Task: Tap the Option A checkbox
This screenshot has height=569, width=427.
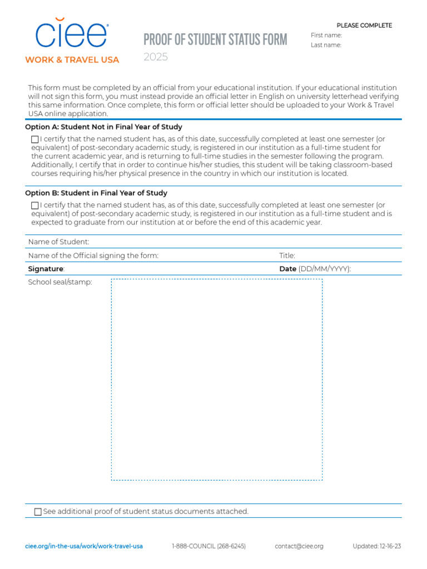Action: [x=35, y=139]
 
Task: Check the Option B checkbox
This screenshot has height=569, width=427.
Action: [x=35, y=206]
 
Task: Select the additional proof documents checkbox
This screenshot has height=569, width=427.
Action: [x=38, y=512]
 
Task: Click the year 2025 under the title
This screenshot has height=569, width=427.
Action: [x=156, y=57]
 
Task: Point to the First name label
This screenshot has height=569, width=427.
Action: [x=326, y=36]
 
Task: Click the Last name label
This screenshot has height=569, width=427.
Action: [x=326, y=46]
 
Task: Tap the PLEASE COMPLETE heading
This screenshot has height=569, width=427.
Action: [x=364, y=26]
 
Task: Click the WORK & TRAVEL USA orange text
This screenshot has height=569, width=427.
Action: [x=72, y=60]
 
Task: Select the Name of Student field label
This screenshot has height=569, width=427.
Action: [x=58, y=242]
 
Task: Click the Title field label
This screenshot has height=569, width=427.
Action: [x=287, y=256]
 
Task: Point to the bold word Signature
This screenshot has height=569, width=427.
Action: [x=46, y=269]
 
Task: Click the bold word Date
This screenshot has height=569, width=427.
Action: [x=287, y=269]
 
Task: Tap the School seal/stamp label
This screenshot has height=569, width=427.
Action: [x=60, y=282]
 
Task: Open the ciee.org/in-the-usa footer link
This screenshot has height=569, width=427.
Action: [x=84, y=546]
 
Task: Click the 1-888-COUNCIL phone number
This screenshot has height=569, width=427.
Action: [x=208, y=546]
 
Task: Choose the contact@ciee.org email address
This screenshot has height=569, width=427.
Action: [x=299, y=546]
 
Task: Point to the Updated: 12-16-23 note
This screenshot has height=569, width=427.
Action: [x=376, y=546]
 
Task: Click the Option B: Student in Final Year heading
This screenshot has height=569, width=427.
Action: [x=96, y=193]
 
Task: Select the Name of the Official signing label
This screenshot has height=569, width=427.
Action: [x=93, y=256]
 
